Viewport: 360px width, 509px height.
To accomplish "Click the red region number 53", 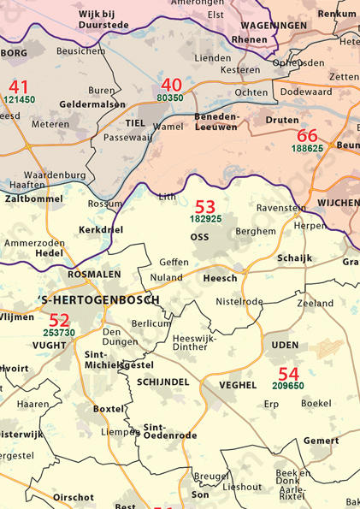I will click(x=205, y=206).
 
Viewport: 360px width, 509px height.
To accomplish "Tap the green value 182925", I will click(x=205, y=220).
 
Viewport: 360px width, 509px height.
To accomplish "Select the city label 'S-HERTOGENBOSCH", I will click(x=98, y=300).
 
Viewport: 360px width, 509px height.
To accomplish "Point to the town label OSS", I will click(x=199, y=237).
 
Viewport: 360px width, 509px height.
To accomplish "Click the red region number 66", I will click(x=307, y=135).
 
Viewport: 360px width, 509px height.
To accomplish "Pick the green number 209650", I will click(x=288, y=386).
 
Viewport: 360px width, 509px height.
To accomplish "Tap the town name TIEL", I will click(x=135, y=122).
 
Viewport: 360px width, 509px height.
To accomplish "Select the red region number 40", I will click(x=171, y=85).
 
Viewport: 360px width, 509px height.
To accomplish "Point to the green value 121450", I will click(x=19, y=99).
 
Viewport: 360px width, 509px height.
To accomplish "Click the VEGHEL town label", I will click(x=238, y=385).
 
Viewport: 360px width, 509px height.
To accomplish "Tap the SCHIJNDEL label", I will click(x=162, y=380).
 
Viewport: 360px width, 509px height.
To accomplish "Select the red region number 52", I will click(x=59, y=320).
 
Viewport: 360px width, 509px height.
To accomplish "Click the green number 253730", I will click(x=59, y=333).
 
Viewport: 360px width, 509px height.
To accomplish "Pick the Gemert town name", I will click(x=321, y=441).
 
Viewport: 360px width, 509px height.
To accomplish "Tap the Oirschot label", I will click(x=74, y=497).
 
